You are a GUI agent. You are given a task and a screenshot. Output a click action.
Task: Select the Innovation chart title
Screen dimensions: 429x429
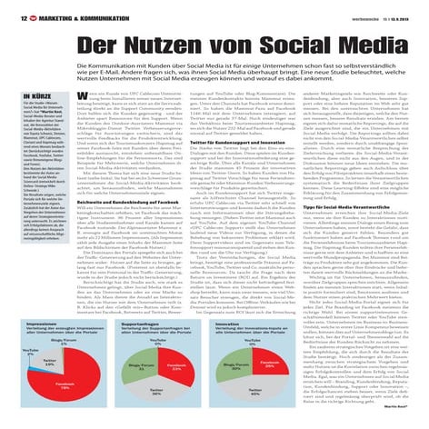tap(231, 320)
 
